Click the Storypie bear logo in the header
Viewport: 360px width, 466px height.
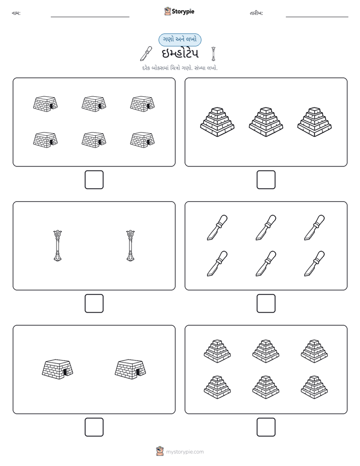[167, 11]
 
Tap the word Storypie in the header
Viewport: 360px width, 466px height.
[183, 12]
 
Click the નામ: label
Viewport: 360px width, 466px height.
[16, 13]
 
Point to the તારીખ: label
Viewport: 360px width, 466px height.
[256, 13]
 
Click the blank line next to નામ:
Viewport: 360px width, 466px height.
[90, 17]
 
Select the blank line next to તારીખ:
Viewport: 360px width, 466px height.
[317, 17]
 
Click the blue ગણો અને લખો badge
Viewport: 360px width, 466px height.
[179, 40]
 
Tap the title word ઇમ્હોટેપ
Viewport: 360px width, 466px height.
[180, 53]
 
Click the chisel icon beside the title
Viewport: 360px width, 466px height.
[146, 53]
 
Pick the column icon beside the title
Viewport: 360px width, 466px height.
[213, 53]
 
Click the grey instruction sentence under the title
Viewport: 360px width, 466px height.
[179, 68]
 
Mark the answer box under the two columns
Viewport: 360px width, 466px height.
[94, 304]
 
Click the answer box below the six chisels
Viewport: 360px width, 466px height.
[266, 304]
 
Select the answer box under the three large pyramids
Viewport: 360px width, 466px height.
[266, 180]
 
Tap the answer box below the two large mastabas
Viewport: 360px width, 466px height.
[94, 427]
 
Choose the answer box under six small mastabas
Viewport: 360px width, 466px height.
[94, 180]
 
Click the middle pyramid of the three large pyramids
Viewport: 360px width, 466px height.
[266, 122]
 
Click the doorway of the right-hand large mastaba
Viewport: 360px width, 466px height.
[138, 372]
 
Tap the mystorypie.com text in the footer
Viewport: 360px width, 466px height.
[185, 452]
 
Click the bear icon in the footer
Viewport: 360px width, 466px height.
[160, 451]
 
